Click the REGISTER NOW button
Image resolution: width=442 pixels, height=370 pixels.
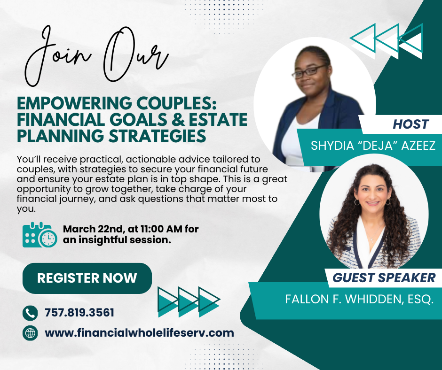tap(87, 278)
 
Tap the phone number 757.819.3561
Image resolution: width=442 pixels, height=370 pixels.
tap(79, 313)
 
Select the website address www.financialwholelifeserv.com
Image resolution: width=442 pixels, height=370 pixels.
tap(139, 333)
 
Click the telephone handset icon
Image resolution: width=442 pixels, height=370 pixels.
tap(30, 313)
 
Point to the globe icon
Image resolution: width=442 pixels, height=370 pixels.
tap(30, 333)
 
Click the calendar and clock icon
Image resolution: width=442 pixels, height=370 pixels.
tap(40, 235)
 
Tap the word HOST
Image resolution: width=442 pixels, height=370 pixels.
tap(410, 124)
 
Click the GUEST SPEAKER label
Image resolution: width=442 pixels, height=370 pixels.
tap(384, 277)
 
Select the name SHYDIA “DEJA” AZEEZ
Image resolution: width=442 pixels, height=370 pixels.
tap(373, 146)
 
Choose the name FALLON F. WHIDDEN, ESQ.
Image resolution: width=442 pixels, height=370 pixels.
tap(359, 299)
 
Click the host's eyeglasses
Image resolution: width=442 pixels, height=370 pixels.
tap(309, 71)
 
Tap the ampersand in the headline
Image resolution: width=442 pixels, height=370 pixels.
tap(178, 120)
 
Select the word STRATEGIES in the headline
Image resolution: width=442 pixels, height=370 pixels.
tap(157, 136)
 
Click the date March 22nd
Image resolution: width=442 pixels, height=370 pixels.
tap(94, 229)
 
